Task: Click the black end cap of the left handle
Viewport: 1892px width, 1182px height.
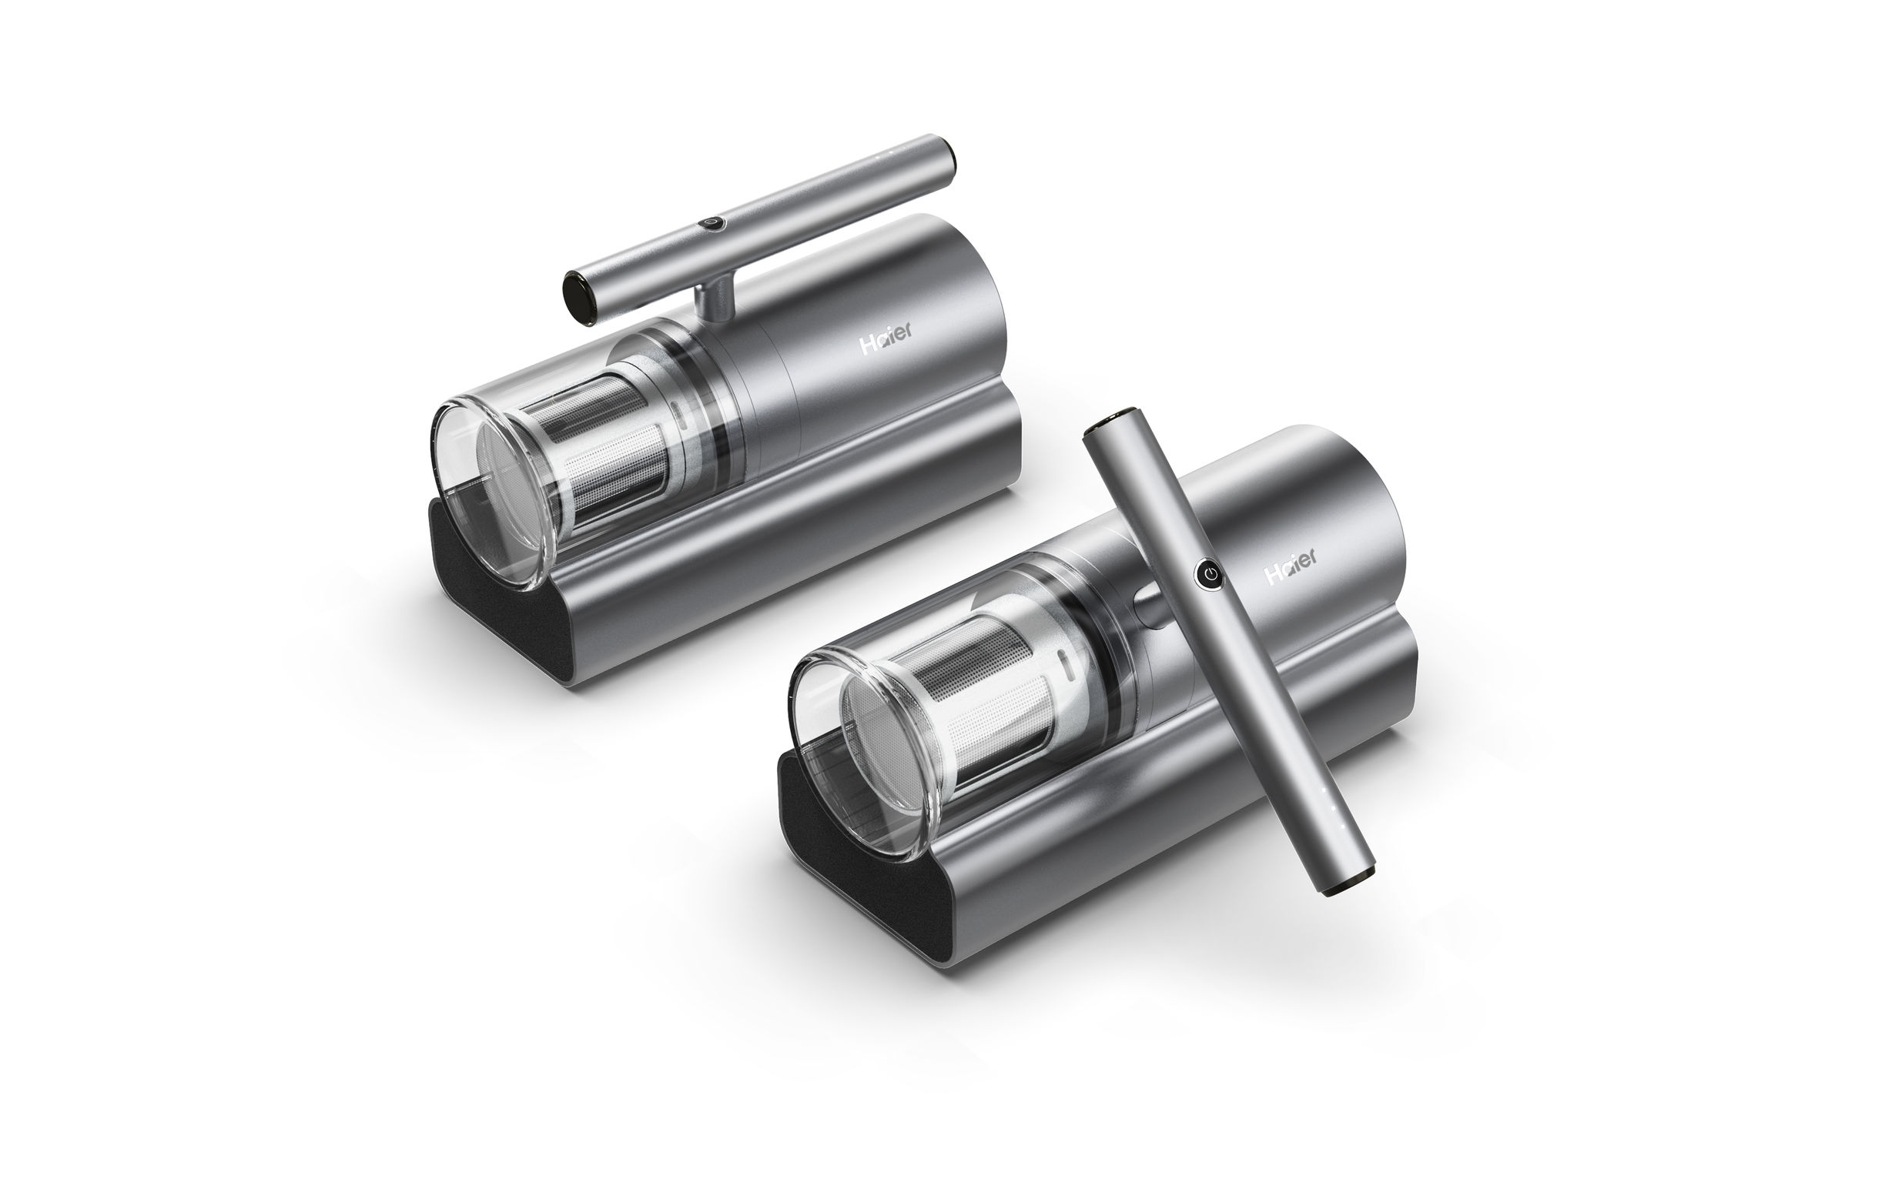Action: click(581, 296)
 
